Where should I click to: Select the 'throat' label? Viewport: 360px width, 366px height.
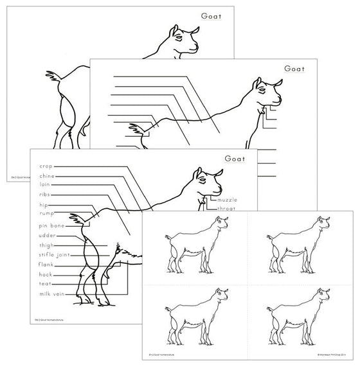coord(227,209)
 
